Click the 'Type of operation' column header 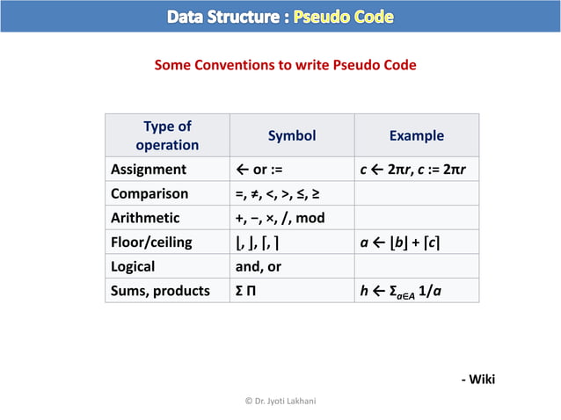click(x=167, y=135)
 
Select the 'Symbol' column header click(x=291, y=135)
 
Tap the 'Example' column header click(x=416, y=135)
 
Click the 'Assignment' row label click(x=148, y=169)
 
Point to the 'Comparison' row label click(x=149, y=193)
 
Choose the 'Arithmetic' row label click(x=145, y=217)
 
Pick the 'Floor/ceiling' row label click(x=151, y=242)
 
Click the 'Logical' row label click(x=133, y=265)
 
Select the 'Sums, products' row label click(x=160, y=290)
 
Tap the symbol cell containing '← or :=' click(x=259, y=169)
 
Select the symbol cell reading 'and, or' click(x=258, y=265)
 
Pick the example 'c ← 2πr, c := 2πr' click(x=413, y=169)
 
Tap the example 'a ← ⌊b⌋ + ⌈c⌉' click(x=400, y=242)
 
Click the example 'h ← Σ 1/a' click(x=400, y=291)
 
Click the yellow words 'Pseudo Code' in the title click(x=344, y=17)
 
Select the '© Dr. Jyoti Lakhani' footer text click(x=280, y=401)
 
